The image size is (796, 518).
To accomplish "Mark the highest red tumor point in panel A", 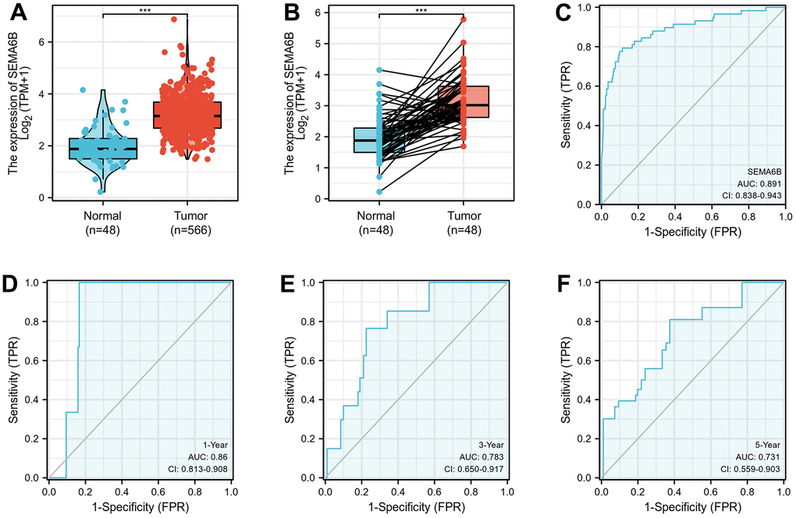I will click(174, 19).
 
